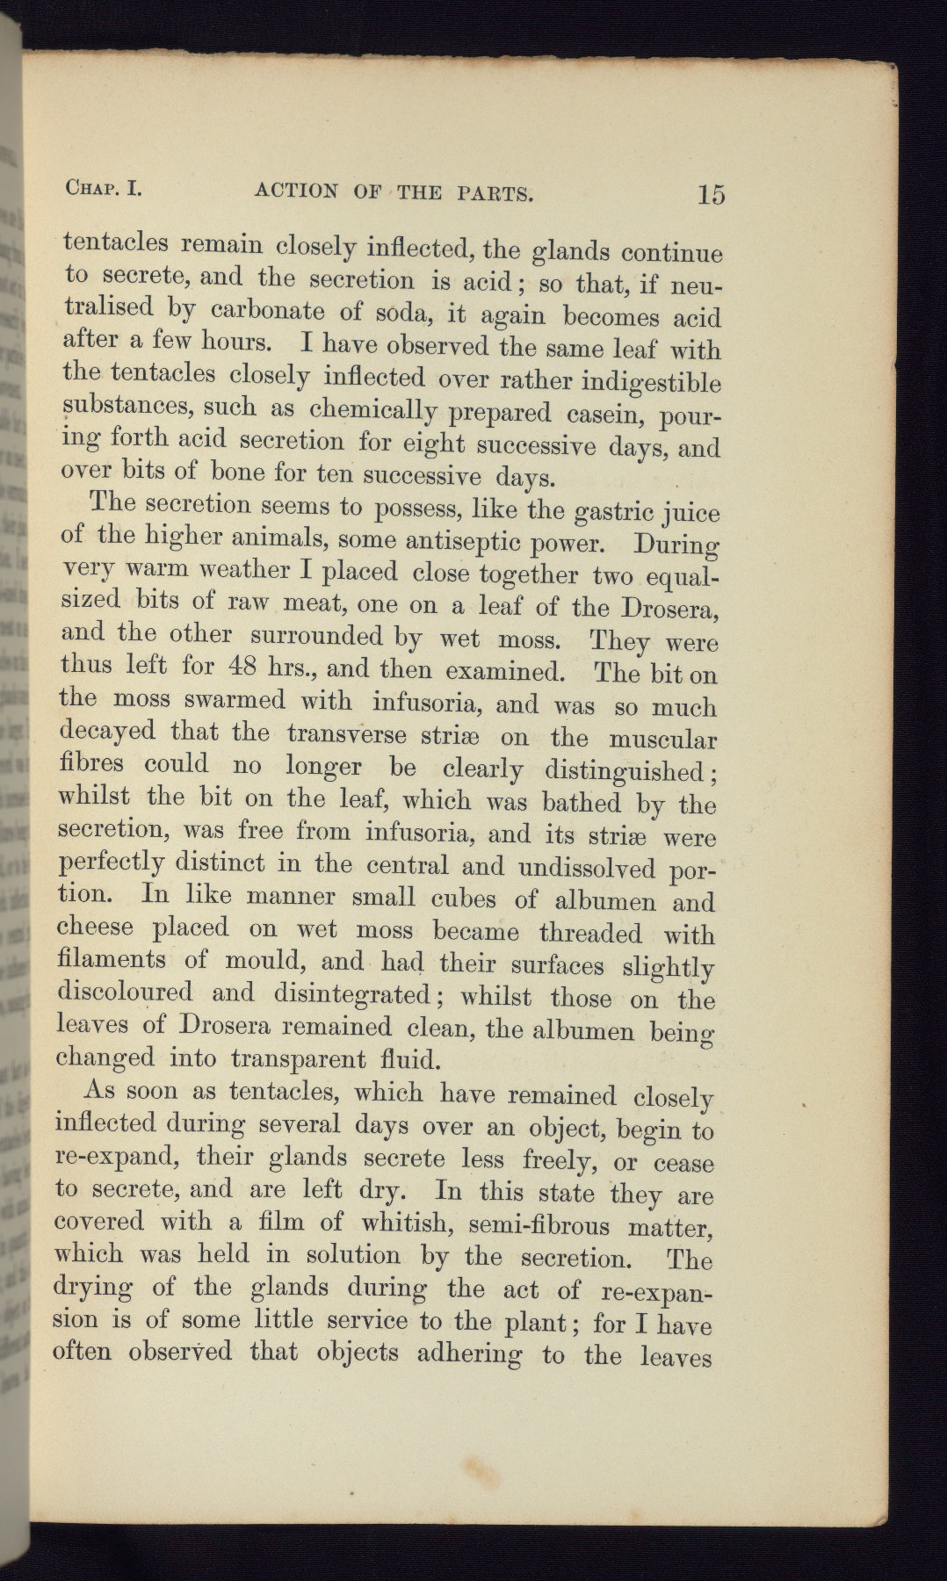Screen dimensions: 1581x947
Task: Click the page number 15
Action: click(712, 193)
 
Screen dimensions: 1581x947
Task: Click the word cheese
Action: click(95, 928)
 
